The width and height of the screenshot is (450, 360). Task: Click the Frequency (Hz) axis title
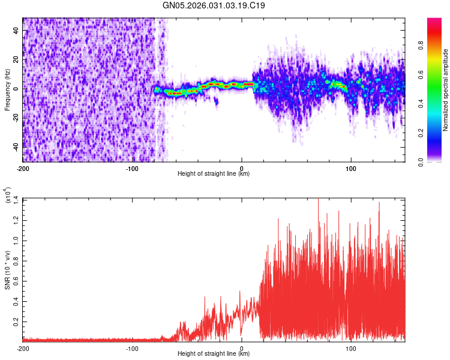click(7, 89)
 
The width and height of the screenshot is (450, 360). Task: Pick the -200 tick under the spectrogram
click(23, 168)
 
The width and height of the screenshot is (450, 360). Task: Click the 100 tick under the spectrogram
click(350, 168)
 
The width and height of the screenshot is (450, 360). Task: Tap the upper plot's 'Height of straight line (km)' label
click(214, 174)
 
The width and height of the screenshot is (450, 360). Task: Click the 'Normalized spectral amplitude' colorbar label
click(446, 89)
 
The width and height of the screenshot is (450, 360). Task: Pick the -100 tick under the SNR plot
click(132, 348)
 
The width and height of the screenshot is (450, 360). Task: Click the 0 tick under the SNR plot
click(241, 348)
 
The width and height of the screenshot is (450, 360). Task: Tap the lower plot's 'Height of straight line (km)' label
click(214, 354)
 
